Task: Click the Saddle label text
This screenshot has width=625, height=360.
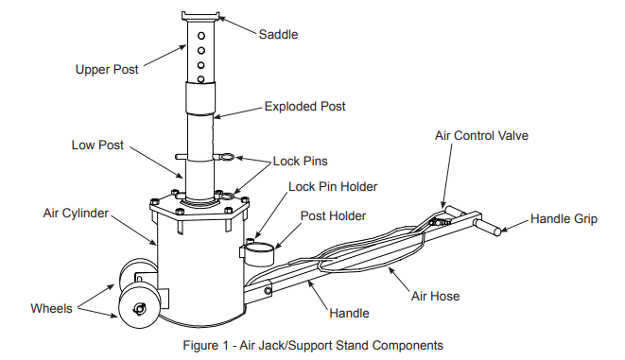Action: pyautogui.click(x=278, y=35)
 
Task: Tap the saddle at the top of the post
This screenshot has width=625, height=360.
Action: pyautogui.click(x=200, y=17)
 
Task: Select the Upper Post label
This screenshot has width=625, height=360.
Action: pyautogui.click(x=107, y=70)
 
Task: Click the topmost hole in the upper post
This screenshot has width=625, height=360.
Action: pyautogui.click(x=201, y=36)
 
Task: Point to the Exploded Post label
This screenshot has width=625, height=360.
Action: pyautogui.click(x=304, y=107)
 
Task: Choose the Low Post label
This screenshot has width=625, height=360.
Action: pyautogui.click(x=97, y=145)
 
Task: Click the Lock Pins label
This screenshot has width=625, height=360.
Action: pyautogui.click(x=300, y=162)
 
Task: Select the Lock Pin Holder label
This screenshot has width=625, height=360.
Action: pyautogui.click(x=333, y=187)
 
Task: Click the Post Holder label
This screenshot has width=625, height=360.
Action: pyautogui.click(x=333, y=215)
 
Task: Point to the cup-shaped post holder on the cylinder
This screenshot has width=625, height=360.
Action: pyautogui.click(x=257, y=254)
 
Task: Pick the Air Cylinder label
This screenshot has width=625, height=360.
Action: pyautogui.click(x=76, y=213)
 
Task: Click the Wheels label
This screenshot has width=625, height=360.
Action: pyautogui.click(x=51, y=308)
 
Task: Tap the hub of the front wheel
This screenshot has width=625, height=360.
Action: pyautogui.click(x=140, y=308)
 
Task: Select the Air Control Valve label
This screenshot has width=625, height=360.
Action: pyautogui.click(x=481, y=135)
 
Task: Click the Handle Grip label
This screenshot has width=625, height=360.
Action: pyautogui.click(x=564, y=218)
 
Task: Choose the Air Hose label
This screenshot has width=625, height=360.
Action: pyautogui.click(x=435, y=297)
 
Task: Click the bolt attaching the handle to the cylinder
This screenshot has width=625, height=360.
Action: pyautogui.click(x=268, y=291)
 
